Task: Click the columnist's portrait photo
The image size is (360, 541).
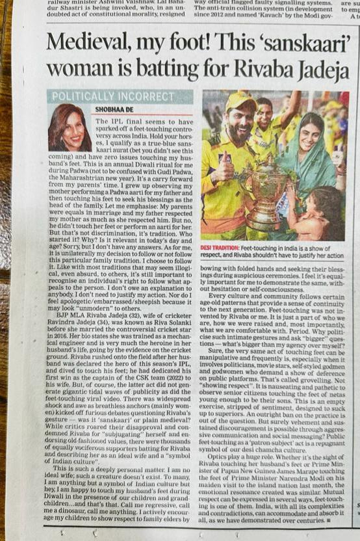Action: pyautogui.click(x=69, y=127)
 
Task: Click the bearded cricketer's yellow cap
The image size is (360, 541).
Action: pyautogui.click(x=240, y=102)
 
